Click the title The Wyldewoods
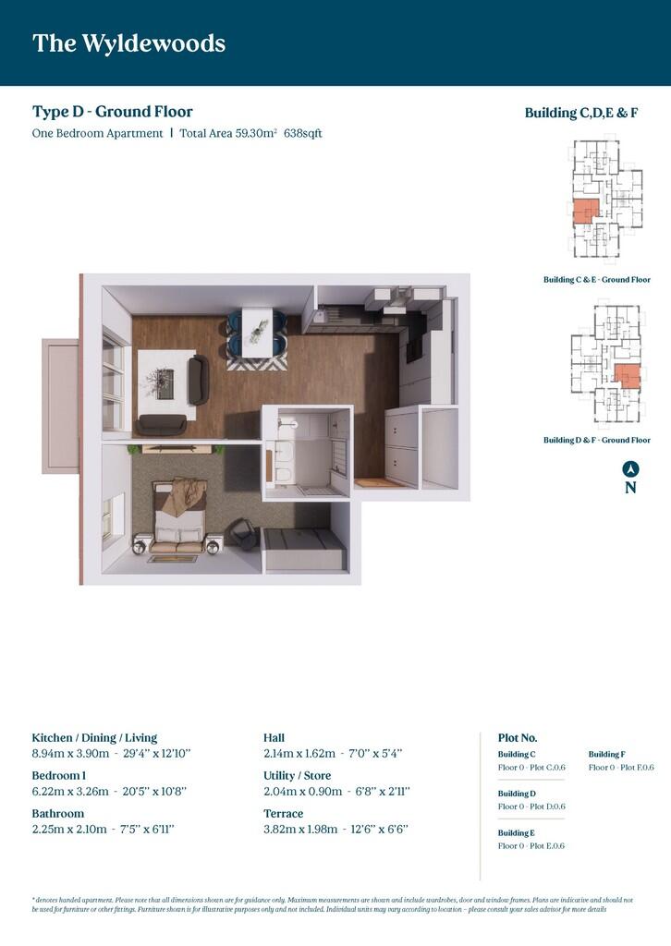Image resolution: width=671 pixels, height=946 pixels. coord(128,43)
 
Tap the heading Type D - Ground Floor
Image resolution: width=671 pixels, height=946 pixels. coord(113,112)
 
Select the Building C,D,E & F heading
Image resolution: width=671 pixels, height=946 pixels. coord(581,113)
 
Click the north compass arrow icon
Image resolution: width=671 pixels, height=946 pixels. coord(630,468)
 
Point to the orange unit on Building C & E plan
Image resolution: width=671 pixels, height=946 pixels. coord(585,212)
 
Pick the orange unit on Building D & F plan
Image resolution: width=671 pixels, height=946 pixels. coord(627,376)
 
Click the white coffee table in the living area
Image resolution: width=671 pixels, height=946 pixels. coord(165,382)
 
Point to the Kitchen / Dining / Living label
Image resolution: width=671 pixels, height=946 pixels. coord(94,738)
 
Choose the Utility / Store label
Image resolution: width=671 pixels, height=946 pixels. coord(297,776)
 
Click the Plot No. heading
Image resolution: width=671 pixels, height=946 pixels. coord(518,738)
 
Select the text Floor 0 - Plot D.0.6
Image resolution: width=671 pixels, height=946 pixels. coord(531,807)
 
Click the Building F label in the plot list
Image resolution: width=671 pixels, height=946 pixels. coord(607,755)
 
